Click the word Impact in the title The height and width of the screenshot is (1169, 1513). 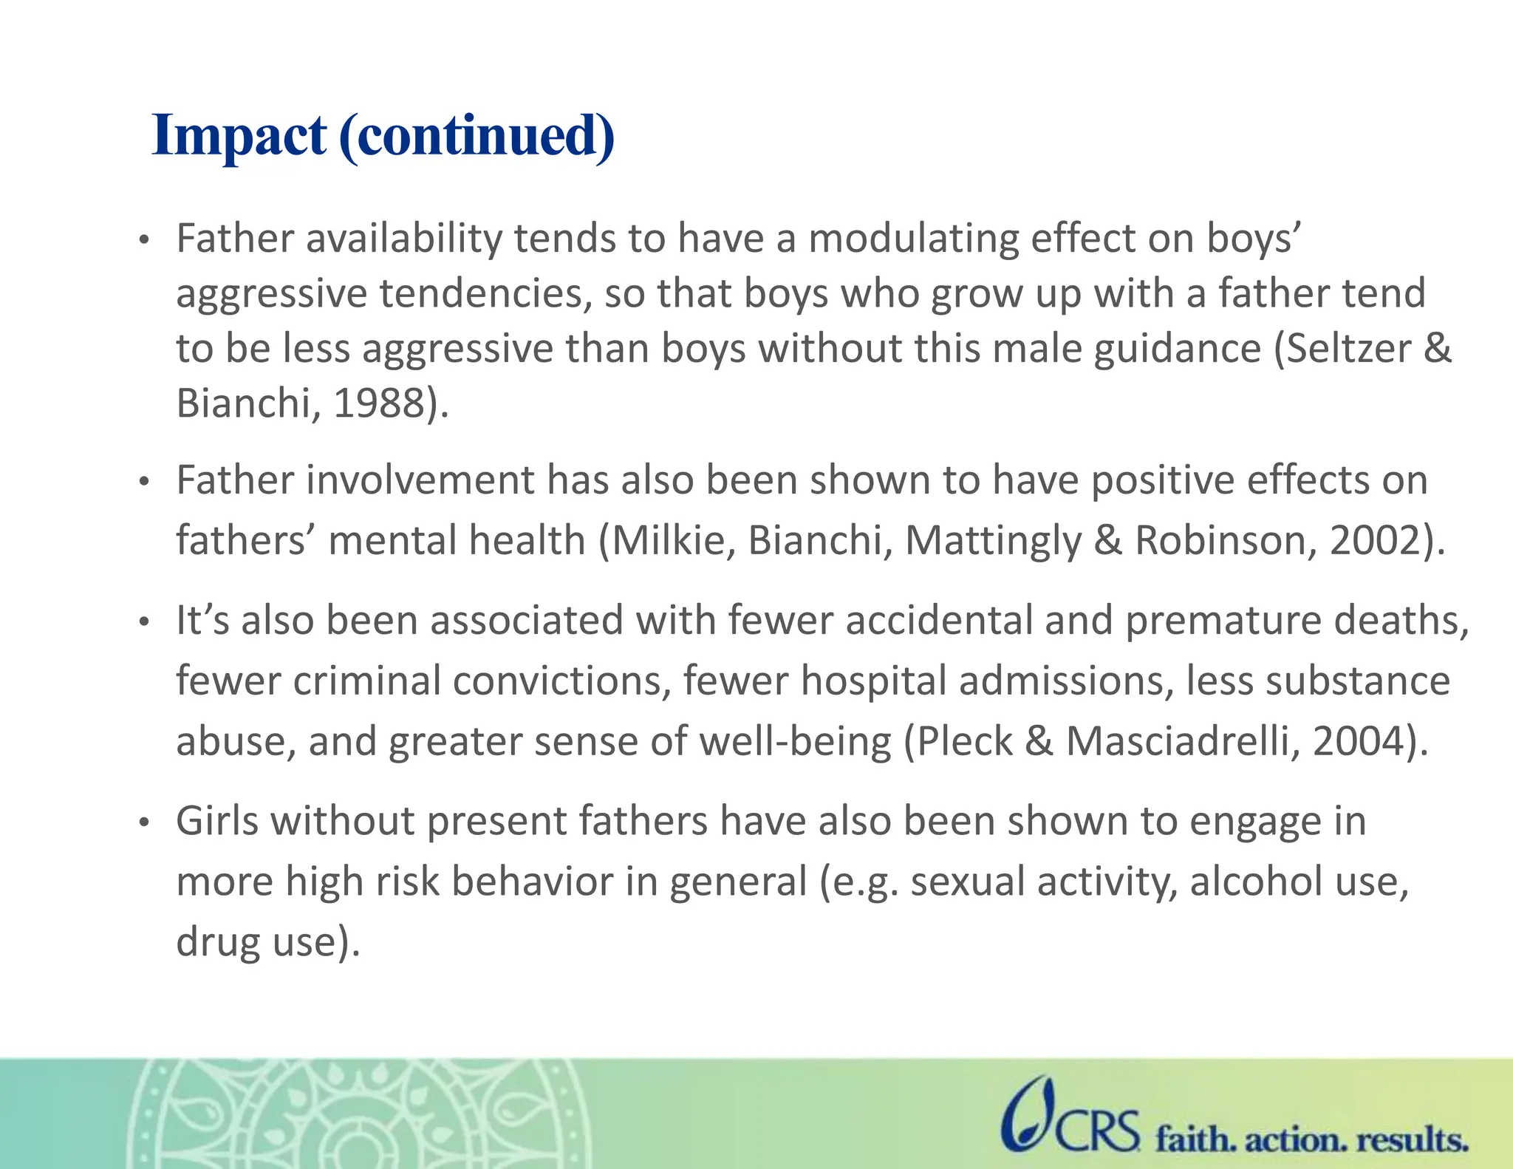click(239, 136)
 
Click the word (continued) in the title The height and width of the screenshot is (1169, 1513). click(477, 136)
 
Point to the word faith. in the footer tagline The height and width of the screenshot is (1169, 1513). click(1196, 1139)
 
